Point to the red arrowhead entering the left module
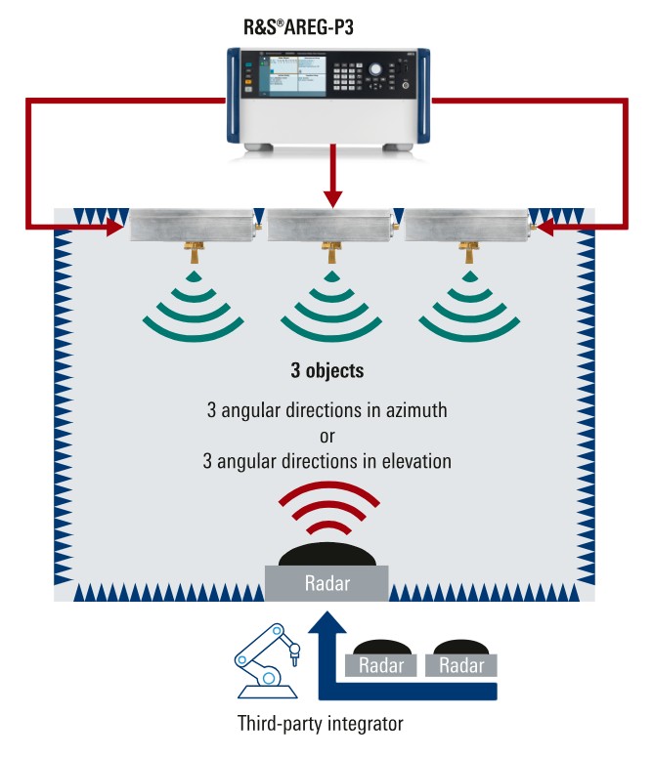[114, 228]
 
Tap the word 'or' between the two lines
[327, 435]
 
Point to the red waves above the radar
[326, 513]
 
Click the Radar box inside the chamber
[327, 584]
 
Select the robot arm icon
[265, 663]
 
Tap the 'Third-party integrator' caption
[320, 725]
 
